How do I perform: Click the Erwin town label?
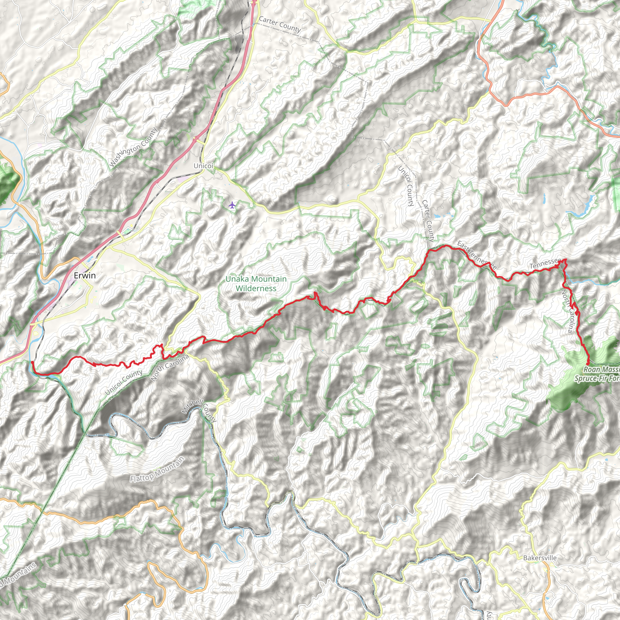point(85,275)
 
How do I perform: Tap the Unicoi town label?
point(203,166)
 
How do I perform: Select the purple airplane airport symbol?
point(232,205)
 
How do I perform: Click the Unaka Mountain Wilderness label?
point(256,284)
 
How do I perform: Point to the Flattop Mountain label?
point(157,469)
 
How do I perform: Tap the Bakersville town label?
point(540,558)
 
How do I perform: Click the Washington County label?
point(133,148)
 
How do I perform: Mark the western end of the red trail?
point(32,362)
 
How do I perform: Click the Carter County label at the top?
point(279,25)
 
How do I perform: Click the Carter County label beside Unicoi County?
point(428,221)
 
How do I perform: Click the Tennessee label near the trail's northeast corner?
point(545,263)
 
